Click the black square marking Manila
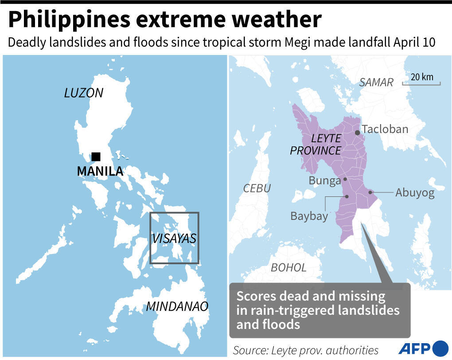point(96,157)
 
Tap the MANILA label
point(100,171)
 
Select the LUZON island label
point(84,93)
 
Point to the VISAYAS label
point(174,239)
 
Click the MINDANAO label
point(177,306)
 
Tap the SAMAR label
point(376,82)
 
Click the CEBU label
point(257,188)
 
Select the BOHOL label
point(288,268)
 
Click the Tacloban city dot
point(357,133)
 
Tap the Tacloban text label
point(385,129)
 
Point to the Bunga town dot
point(345,180)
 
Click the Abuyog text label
point(415,193)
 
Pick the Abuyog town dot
point(370,192)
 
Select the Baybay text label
point(309,216)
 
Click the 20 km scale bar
point(421,83)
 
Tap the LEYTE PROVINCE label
point(316,145)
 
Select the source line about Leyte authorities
point(306,350)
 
